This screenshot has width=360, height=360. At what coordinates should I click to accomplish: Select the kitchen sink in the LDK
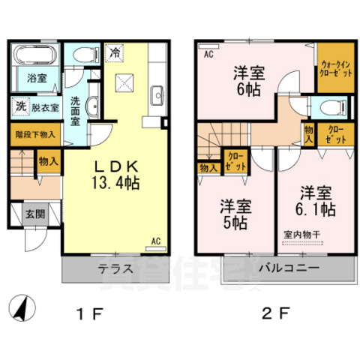click(157, 95)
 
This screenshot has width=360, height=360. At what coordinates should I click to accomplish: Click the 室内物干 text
click(303, 235)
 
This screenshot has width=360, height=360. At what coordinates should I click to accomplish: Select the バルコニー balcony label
click(289, 268)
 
